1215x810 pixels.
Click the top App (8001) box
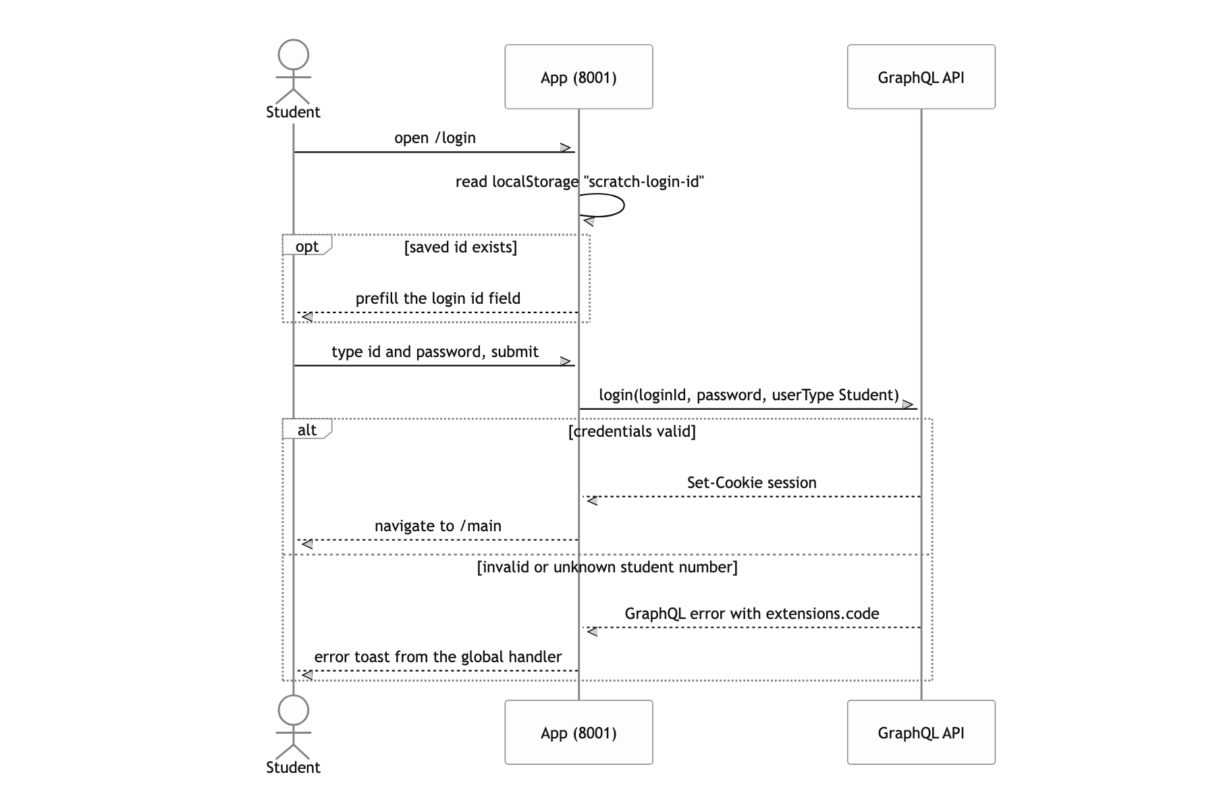click(x=578, y=77)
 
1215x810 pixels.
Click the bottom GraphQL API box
click(x=921, y=732)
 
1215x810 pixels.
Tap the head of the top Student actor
click(x=293, y=55)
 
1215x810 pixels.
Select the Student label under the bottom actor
click(x=293, y=767)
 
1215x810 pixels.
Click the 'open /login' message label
click(x=435, y=138)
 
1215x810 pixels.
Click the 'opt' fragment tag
click(x=307, y=246)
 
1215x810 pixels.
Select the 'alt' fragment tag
click(x=307, y=430)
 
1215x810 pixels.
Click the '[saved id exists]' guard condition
click(x=461, y=247)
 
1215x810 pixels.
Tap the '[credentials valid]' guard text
click(x=632, y=431)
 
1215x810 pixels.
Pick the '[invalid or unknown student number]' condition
click(x=607, y=567)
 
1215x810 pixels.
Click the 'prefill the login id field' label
click(x=438, y=298)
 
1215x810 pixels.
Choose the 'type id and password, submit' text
click(x=435, y=352)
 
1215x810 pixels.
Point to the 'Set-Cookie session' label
click(x=751, y=483)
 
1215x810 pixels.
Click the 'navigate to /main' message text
click(x=438, y=526)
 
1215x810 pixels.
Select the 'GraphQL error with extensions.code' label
click(x=751, y=614)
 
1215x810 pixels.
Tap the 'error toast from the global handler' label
click(x=438, y=657)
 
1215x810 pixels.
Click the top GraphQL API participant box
click(x=921, y=77)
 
